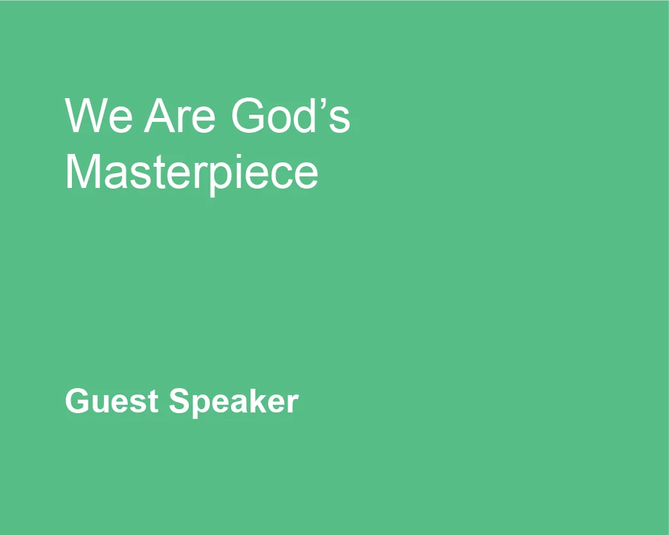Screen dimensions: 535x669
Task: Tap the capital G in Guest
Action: tap(76, 402)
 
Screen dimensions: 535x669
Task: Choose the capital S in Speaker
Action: tap(179, 402)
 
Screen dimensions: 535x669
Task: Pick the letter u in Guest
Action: tap(98, 404)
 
